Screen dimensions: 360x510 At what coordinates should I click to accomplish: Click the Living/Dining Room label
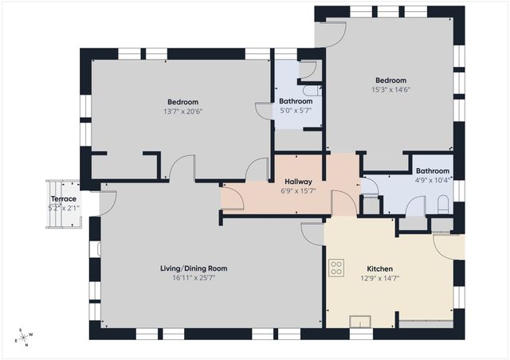tap(187, 268)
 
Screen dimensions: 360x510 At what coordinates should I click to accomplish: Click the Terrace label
tap(64, 199)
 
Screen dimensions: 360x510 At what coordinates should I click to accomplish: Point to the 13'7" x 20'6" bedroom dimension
tap(182, 112)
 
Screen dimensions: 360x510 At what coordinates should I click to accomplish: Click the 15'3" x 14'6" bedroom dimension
tap(390, 90)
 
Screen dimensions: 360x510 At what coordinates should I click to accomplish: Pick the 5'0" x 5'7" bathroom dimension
tap(296, 112)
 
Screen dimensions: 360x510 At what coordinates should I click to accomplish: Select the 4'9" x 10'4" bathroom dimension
tap(433, 180)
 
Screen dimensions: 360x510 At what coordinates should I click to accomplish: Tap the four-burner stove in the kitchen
tap(336, 268)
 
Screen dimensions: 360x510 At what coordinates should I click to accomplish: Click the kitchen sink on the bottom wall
tap(361, 322)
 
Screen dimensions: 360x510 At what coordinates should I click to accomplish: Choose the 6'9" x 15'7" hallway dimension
tap(296, 191)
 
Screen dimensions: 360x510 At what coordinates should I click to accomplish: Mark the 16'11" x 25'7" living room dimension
tap(187, 278)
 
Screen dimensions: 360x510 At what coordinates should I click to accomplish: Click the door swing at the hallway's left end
tap(232, 198)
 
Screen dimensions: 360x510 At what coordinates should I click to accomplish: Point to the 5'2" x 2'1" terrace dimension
tap(64, 208)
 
